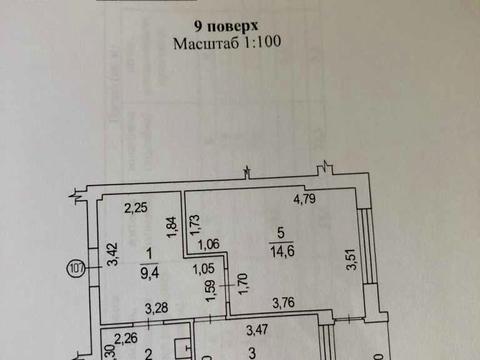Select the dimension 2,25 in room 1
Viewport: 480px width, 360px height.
tap(135, 209)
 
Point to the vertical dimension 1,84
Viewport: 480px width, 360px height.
tap(170, 227)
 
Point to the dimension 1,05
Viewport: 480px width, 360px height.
tap(204, 268)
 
